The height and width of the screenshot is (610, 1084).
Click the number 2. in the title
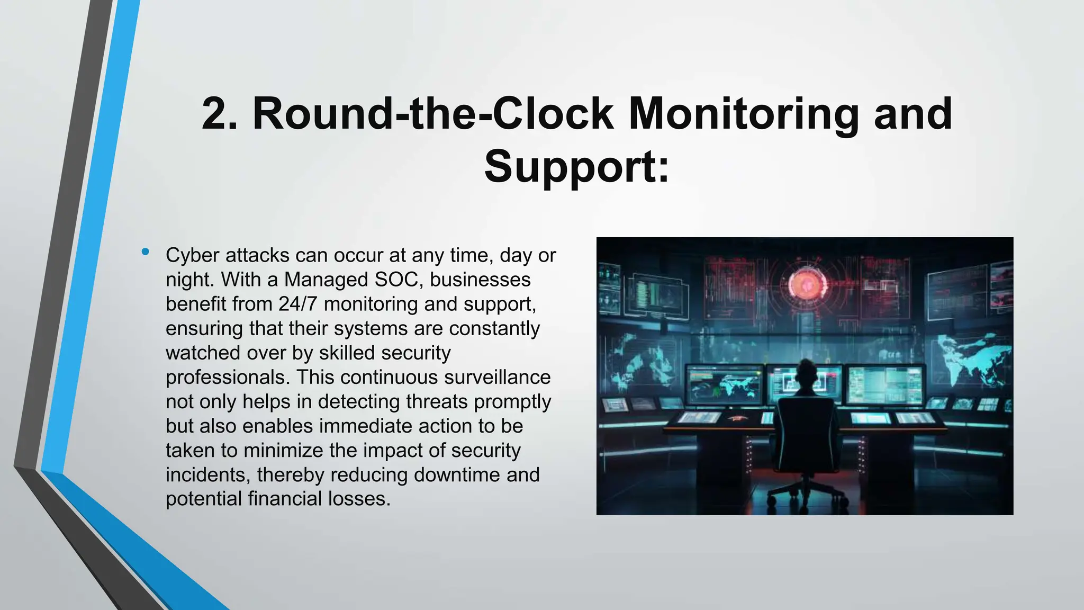[219, 114]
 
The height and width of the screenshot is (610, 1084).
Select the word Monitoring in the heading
[743, 114]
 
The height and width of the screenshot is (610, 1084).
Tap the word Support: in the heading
[576, 166]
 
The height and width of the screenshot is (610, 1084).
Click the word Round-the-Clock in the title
[433, 114]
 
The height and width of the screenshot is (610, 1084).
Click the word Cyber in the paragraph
[192, 255]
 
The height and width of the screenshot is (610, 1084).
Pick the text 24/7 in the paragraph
[298, 304]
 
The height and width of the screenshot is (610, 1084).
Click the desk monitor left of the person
[725, 384]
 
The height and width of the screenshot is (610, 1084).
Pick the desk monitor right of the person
[885, 384]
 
